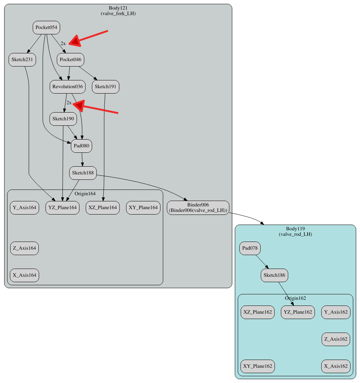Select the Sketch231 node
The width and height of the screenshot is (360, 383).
[x=22, y=60]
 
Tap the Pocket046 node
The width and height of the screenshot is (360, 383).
[x=71, y=60]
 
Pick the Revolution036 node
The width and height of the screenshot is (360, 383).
[x=68, y=87]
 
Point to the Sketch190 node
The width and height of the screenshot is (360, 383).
[x=63, y=119]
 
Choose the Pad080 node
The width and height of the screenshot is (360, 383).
[x=82, y=146]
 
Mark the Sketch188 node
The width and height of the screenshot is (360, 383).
[x=83, y=173]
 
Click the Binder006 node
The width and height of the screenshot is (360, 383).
[x=198, y=207]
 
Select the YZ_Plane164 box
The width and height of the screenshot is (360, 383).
[x=62, y=208]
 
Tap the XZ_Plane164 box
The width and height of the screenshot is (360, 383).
[x=103, y=208]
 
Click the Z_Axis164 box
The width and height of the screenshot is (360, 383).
[x=24, y=248]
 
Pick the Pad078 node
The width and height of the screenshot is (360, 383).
[x=250, y=249]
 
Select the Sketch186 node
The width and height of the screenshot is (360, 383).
[x=274, y=275]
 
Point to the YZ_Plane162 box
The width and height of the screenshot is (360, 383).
[x=298, y=312]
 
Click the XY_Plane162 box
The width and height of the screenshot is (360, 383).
[x=258, y=366]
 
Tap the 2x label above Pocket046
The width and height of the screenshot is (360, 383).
[x=63, y=43]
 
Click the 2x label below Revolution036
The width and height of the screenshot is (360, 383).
[x=69, y=103]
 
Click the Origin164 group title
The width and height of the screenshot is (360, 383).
[x=85, y=193]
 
